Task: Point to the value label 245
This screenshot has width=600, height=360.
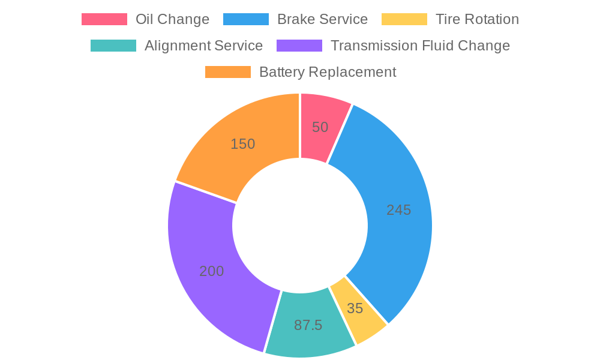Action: (399, 210)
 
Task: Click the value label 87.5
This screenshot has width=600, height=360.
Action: (308, 325)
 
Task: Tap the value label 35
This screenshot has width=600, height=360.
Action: (355, 308)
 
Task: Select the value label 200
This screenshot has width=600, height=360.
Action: (211, 271)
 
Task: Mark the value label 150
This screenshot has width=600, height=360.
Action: (243, 144)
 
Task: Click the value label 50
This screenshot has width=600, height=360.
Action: (320, 127)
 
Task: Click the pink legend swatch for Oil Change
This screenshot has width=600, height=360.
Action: (104, 19)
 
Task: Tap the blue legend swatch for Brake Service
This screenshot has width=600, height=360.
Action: (245, 19)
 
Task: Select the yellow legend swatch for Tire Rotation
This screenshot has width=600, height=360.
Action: (404, 19)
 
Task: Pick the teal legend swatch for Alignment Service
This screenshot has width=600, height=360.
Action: (113, 46)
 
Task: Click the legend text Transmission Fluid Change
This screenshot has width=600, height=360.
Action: (420, 46)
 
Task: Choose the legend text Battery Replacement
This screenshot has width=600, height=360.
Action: (328, 72)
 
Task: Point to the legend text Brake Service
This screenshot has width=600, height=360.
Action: (322, 19)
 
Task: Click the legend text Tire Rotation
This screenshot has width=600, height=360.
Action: (477, 19)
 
